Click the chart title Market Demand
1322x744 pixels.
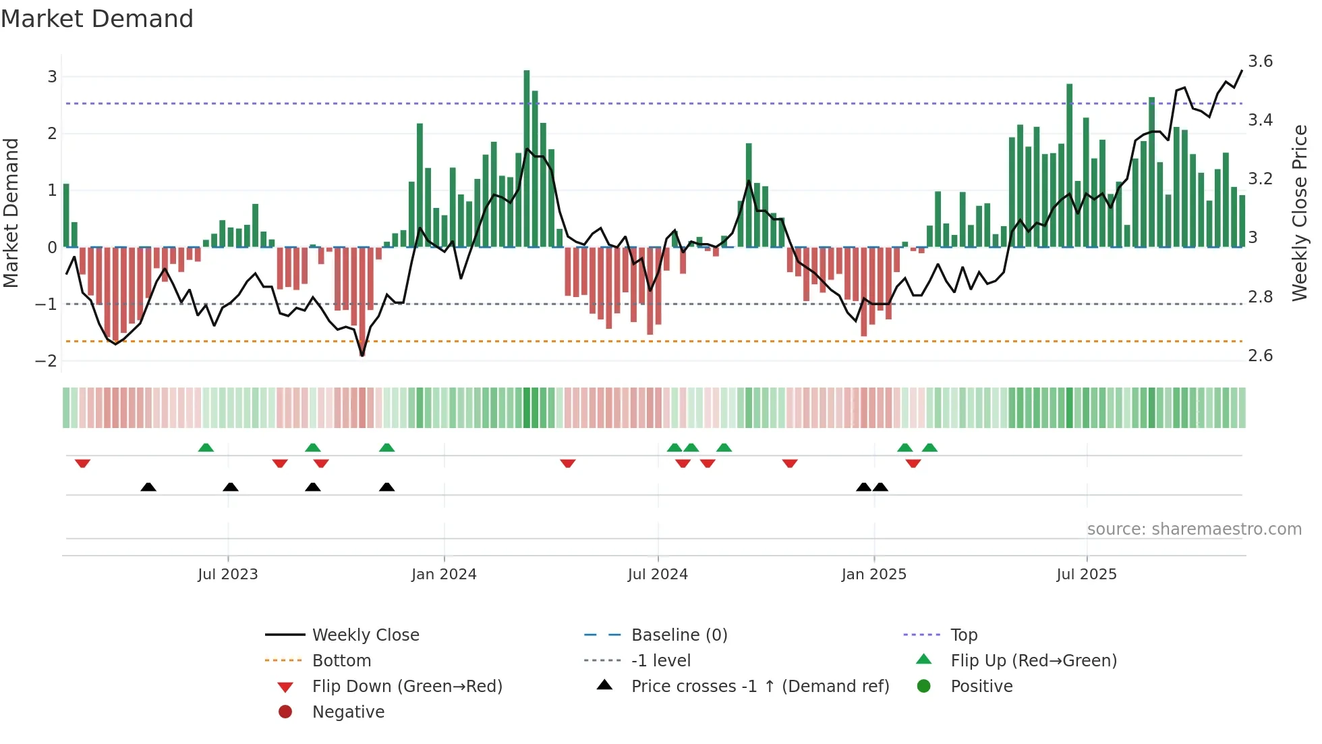click(97, 19)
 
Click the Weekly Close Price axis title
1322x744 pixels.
click(1299, 213)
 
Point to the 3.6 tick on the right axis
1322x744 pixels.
click(1260, 61)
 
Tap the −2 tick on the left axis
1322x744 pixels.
click(46, 361)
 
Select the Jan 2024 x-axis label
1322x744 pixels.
click(444, 575)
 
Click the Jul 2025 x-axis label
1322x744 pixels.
click(1086, 575)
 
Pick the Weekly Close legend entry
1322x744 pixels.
click(365, 635)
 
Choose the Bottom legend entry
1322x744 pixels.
click(341, 661)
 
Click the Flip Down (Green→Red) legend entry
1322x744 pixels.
click(407, 687)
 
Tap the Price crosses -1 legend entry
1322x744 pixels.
click(759, 687)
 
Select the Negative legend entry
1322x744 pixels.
click(348, 712)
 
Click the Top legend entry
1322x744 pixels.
click(963, 635)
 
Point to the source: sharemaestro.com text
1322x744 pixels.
click(1194, 529)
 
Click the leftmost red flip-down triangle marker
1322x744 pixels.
click(82, 463)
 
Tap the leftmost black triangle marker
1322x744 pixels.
click(148, 487)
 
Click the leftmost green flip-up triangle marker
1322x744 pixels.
click(206, 448)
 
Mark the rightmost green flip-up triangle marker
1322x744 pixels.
click(929, 448)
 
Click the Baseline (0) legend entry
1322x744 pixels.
click(679, 635)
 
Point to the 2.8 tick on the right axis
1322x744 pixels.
click(1260, 297)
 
